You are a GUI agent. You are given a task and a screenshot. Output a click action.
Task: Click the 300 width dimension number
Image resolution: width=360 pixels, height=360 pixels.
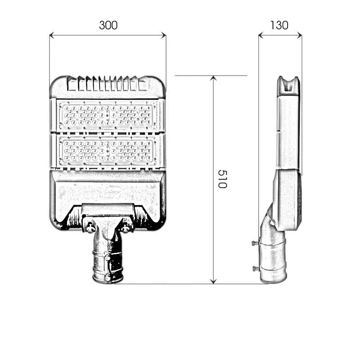pyautogui.click(x=108, y=25)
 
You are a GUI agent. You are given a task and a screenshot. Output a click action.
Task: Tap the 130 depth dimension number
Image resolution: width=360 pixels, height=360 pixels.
pyautogui.click(x=279, y=25)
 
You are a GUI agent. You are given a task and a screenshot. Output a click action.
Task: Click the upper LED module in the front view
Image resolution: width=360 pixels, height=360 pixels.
pyautogui.click(x=108, y=116)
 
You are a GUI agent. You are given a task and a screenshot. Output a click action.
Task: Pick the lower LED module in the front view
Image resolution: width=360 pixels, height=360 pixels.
pyautogui.click(x=108, y=151)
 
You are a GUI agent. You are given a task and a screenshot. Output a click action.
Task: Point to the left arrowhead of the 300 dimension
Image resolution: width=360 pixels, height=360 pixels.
pyautogui.click(x=52, y=35)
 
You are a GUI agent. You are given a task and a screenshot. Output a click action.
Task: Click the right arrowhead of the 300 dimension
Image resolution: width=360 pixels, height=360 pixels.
pyautogui.click(x=163, y=35)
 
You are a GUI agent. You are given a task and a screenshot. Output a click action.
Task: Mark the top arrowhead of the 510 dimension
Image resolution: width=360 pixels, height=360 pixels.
pyautogui.click(x=214, y=78)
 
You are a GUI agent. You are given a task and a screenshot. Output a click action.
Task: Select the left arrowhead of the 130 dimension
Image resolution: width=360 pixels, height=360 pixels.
pyautogui.click(x=261, y=35)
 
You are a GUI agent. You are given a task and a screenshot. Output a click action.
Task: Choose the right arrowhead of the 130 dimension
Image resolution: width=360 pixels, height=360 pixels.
pyautogui.click(x=299, y=35)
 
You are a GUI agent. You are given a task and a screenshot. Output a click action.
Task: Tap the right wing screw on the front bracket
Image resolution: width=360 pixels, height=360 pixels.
pyautogui.click(x=125, y=228)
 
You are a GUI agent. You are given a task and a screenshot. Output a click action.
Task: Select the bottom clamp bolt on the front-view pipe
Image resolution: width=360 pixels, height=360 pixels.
pyautogui.click(x=108, y=278)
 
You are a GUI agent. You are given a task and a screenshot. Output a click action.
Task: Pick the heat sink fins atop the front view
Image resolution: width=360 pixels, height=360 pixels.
pyautogui.click(x=108, y=84)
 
